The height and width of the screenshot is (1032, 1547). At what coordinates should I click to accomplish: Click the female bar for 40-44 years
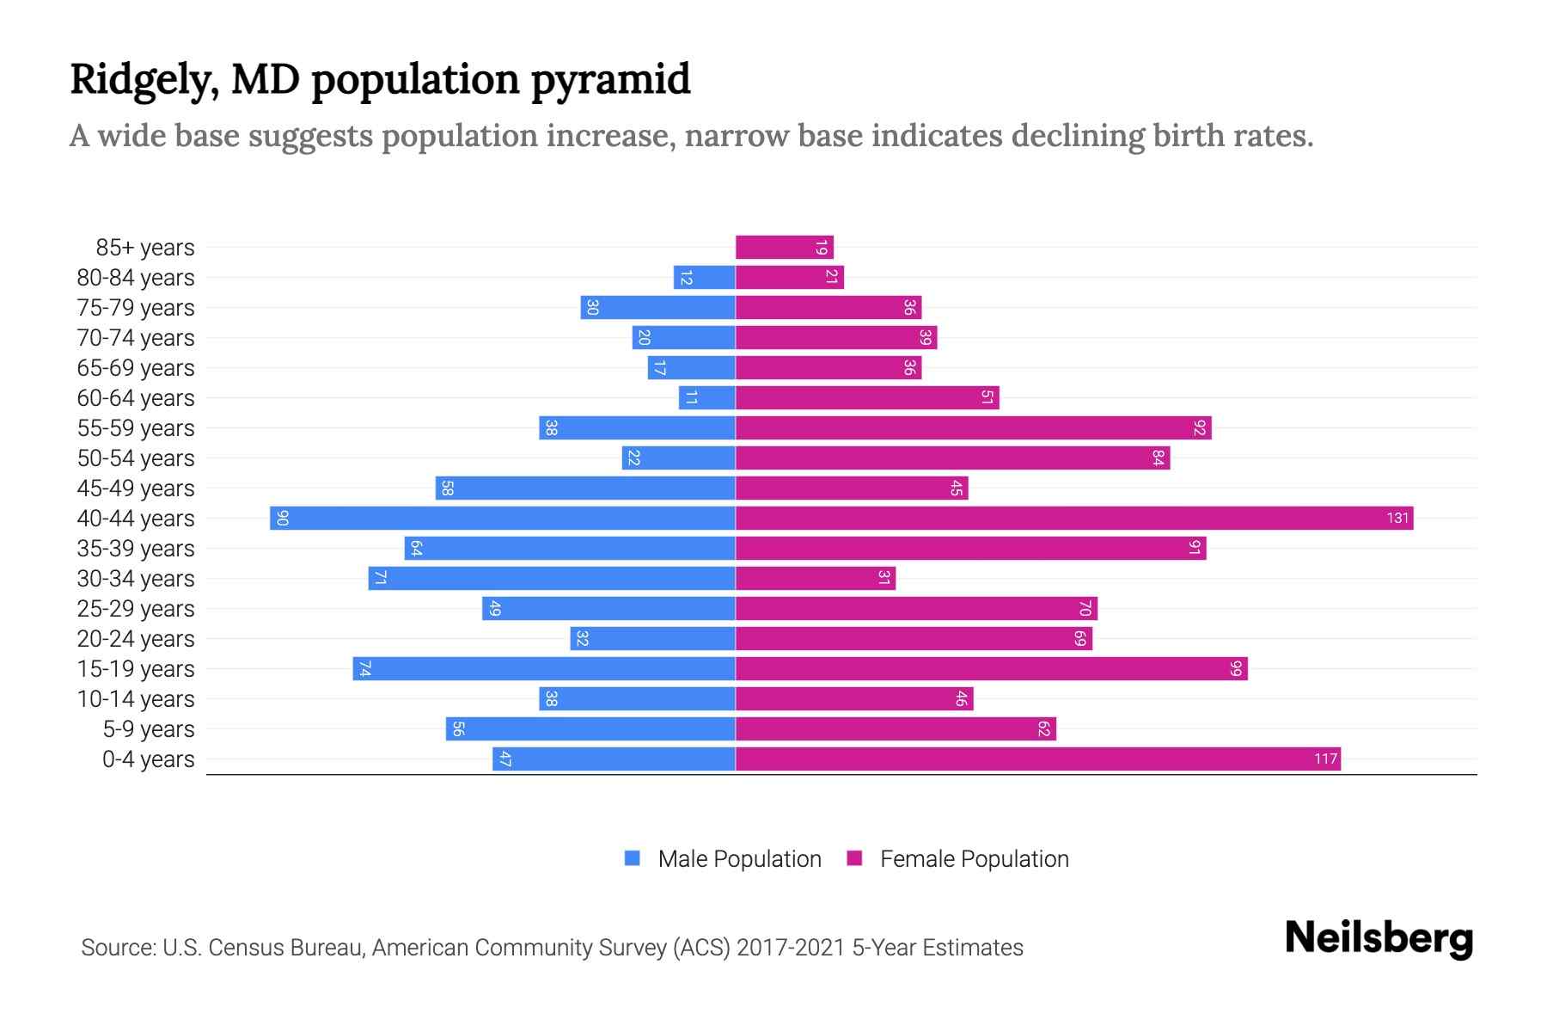1074,518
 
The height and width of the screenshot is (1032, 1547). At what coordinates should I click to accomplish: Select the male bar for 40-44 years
503,518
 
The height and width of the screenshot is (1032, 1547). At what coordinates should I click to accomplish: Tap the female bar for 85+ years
784,248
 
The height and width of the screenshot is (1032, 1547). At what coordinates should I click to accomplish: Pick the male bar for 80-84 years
705,278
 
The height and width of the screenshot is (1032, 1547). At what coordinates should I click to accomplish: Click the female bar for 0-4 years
1037,759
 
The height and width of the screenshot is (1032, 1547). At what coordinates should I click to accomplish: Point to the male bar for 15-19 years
544,668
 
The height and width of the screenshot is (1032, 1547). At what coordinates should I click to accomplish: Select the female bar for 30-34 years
815,578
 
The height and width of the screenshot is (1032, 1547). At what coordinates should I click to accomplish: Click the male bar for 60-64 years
707,398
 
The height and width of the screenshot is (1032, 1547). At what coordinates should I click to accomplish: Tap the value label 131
1397,518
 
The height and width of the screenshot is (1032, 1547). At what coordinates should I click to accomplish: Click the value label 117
1325,759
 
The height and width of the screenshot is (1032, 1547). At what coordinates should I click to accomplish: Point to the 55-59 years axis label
136,428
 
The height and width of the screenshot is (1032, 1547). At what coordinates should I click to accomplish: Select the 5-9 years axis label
149,729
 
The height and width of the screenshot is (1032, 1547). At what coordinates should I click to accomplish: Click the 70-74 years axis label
136,338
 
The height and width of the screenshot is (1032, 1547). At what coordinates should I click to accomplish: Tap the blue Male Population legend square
633,858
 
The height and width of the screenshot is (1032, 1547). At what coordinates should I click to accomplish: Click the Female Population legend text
974,858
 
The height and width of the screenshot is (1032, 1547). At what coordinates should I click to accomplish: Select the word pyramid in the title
610,80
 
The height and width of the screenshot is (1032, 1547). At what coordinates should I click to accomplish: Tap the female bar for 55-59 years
973,428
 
